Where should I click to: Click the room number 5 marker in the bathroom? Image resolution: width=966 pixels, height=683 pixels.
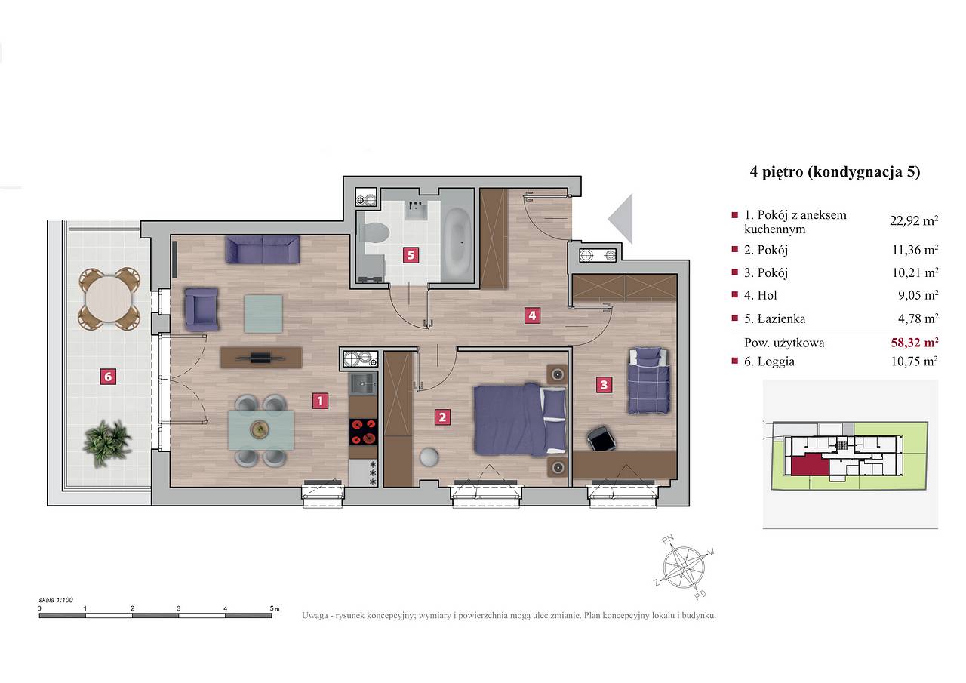tap(411, 255)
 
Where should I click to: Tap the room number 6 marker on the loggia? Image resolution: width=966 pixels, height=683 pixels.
tap(108, 377)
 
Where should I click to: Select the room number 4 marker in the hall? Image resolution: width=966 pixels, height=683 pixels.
tap(532, 315)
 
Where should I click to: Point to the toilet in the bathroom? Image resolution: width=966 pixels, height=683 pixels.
tap(374, 233)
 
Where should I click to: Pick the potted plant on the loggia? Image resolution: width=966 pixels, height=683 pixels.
tap(106, 443)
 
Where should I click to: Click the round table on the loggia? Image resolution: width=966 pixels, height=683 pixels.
tap(109, 298)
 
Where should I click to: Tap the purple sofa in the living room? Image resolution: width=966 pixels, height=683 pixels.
tap(262, 249)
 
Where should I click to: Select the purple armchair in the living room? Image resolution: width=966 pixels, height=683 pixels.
tap(201, 309)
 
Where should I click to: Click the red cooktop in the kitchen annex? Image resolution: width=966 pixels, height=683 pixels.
tap(363, 432)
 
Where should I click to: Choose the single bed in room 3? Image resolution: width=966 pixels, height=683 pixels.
tap(648, 380)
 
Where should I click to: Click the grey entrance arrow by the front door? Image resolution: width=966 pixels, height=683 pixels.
tap(620, 219)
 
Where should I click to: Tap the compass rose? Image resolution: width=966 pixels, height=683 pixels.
tap(684, 568)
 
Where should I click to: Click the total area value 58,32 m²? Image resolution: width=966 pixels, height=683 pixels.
tap(914, 343)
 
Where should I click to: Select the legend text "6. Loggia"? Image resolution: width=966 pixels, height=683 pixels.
tap(769, 361)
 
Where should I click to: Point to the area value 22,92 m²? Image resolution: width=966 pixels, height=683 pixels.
tap(914, 221)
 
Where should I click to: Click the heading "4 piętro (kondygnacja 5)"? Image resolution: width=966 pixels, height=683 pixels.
tap(835, 171)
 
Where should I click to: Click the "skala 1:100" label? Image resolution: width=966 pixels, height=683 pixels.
tap(56, 600)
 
